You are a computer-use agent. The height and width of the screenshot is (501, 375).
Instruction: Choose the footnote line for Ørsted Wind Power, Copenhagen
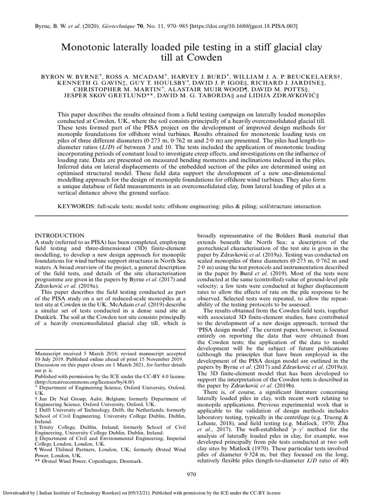point(89,461)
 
